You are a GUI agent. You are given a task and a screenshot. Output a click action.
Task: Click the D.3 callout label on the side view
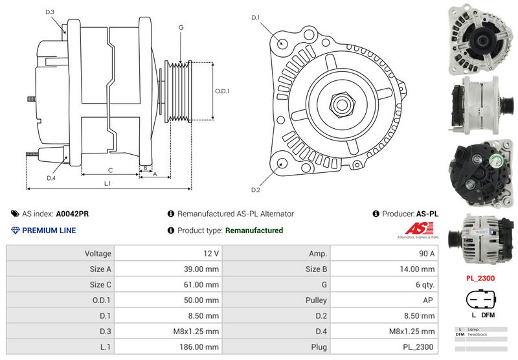tap(50, 12)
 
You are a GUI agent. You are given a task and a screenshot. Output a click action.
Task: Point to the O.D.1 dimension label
tap(222, 91)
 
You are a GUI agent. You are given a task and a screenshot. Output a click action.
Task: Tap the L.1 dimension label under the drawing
tap(107, 184)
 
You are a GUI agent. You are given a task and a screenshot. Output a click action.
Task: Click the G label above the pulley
tap(181, 27)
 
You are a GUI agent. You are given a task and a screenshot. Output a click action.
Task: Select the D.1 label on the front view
tap(255, 17)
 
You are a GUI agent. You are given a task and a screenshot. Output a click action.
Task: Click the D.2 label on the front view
tap(255, 190)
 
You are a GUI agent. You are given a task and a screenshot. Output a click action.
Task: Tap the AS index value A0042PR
tap(73, 214)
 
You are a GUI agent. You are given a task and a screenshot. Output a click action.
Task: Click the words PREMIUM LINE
tap(49, 231)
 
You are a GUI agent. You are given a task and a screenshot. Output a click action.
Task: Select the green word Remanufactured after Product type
tap(254, 231)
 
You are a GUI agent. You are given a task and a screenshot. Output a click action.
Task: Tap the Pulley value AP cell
tap(429, 300)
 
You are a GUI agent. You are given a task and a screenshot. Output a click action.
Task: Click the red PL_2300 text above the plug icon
tap(480, 278)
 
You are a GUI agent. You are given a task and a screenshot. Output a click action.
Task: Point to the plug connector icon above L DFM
tap(480, 300)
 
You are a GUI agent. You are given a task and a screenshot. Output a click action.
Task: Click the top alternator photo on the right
tap(480, 38)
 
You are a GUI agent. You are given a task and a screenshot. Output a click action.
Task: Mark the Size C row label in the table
tap(100, 285)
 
